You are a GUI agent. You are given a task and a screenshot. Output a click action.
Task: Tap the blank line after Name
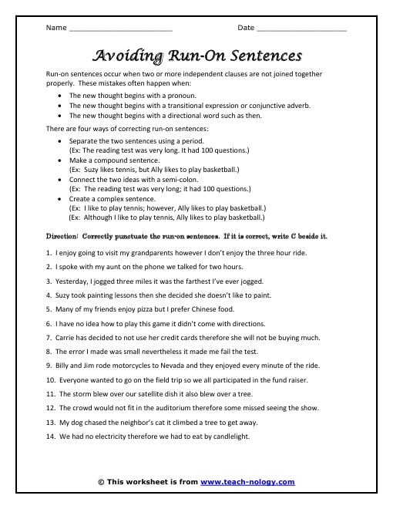[x=120, y=29]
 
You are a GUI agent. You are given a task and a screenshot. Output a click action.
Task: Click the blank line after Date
[x=301, y=29]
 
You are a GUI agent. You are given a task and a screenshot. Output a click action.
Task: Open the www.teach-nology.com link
[x=247, y=482]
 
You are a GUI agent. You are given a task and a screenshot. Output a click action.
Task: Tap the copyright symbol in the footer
[x=102, y=482]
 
